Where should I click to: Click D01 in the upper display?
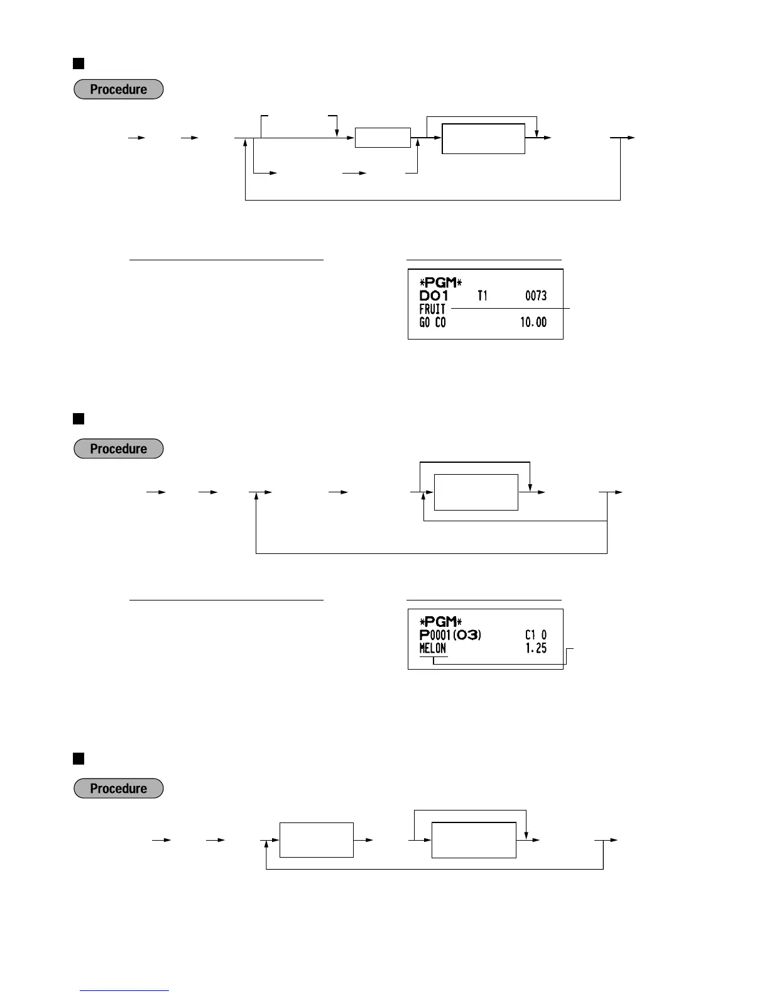434,296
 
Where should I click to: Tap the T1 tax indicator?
482,296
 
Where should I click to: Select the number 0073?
535,296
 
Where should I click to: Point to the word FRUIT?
432,309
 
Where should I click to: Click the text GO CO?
432,323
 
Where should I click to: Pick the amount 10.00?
533,323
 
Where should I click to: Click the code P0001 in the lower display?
435,635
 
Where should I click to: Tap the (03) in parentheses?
466,635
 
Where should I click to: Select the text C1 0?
535,635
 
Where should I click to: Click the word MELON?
432,648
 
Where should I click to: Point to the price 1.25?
536,648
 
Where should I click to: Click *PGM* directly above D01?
440,282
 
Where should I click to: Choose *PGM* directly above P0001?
440,622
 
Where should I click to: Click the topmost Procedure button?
119,89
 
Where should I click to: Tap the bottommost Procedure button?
119,788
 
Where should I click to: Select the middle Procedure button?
119,449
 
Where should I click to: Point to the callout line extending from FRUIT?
509,309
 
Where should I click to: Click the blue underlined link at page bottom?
124,990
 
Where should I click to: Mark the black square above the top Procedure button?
79,63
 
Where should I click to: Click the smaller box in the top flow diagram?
383,138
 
